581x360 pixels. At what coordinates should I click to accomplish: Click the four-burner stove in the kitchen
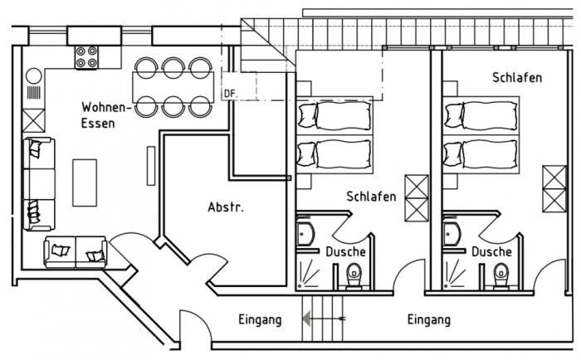pos(87,56)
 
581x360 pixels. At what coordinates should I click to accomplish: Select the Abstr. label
pos(225,207)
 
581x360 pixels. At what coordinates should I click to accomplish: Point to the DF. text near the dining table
pos(231,95)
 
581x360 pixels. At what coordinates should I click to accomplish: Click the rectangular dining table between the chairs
pos(172,85)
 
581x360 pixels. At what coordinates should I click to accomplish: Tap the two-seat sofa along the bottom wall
pos(76,251)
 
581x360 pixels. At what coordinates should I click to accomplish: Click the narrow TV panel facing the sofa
pos(151,166)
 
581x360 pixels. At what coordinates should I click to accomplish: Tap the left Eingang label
pos(260,319)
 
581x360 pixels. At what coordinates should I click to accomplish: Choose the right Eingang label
pos(429,319)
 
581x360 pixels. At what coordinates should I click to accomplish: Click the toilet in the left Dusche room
pos(354,273)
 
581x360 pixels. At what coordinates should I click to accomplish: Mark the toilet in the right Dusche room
pos(500,273)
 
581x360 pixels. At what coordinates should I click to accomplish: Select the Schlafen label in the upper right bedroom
pos(517,77)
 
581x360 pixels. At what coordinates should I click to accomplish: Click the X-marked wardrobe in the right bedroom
pos(553,188)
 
